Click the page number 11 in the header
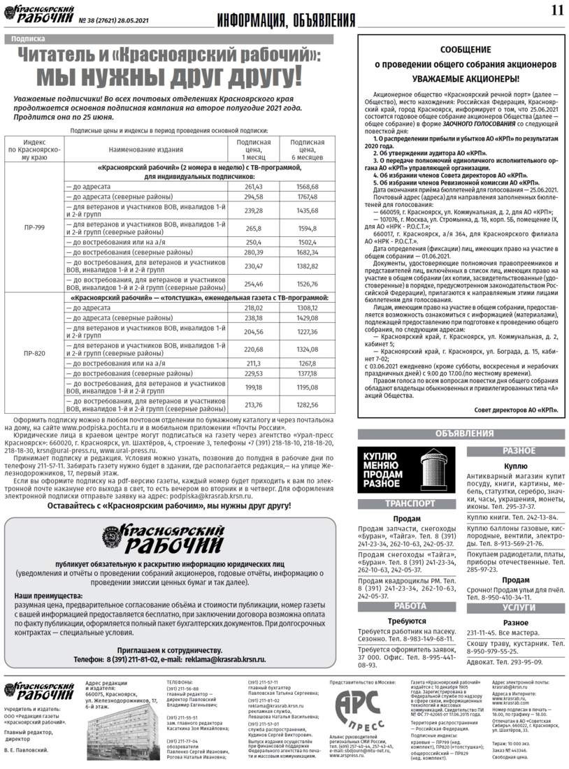tap(556, 10)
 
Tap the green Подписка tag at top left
tap(28, 39)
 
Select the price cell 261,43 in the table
tap(253, 187)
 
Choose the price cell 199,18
tap(253, 387)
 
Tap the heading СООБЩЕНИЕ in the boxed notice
tap(456, 50)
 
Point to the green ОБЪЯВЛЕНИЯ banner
tap(459, 433)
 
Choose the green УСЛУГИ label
tap(518, 608)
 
